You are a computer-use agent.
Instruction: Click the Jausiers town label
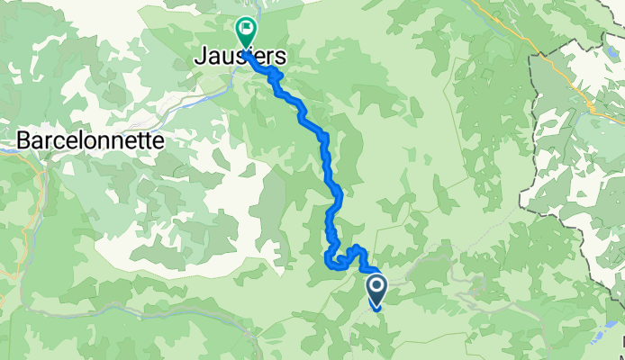240,57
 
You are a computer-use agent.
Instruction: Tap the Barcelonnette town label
90,141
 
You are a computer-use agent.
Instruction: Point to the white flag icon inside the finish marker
245,29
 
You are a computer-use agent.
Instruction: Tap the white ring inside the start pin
376,287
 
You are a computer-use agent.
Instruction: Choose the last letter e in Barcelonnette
159,141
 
